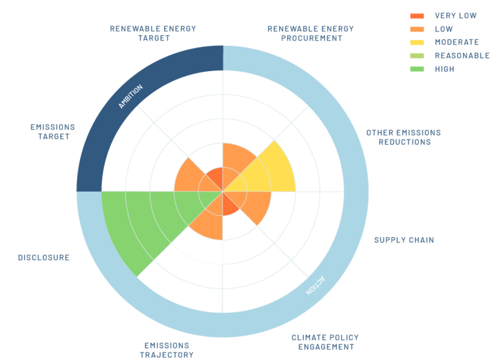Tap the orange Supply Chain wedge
(x=253, y=204)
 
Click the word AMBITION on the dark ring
(x=130, y=97)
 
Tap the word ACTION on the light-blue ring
(x=315, y=285)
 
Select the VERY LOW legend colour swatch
(x=417, y=16)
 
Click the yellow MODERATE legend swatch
(x=417, y=42)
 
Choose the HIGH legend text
(x=444, y=69)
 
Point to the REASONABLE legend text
(x=462, y=56)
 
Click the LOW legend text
(x=444, y=29)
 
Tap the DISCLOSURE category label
(x=44, y=258)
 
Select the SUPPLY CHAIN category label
(x=404, y=240)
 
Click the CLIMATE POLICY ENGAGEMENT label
(x=326, y=342)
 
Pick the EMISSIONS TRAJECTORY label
(x=167, y=350)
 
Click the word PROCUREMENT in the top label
(x=312, y=38)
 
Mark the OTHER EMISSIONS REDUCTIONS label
(x=404, y=137)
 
